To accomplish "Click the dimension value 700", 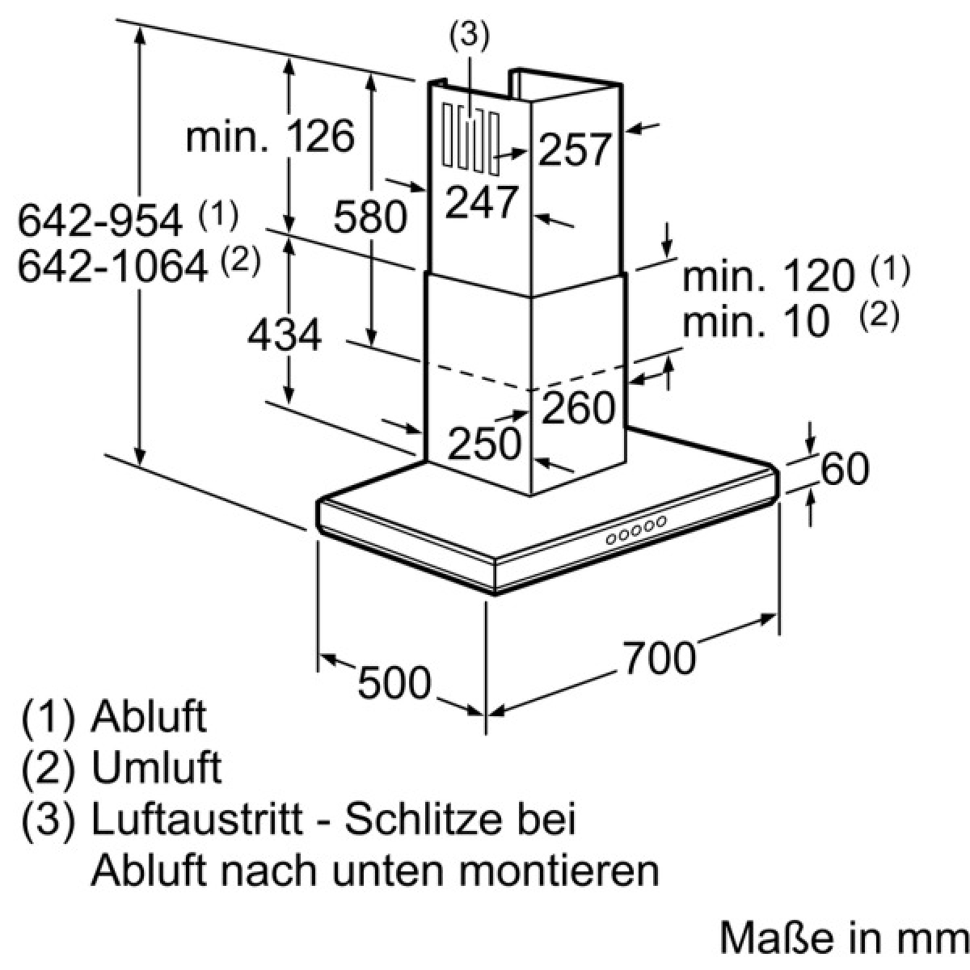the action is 660,657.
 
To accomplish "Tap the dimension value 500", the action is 394,682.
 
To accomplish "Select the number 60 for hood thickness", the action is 846,468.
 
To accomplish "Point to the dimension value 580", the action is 370,217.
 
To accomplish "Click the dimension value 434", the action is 285,335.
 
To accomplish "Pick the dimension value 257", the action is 575,150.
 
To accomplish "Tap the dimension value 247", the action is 482,202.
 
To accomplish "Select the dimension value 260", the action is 579,407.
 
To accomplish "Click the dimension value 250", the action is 484,443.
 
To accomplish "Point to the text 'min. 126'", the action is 270,136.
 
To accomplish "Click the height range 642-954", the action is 100,221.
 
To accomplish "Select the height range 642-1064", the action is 112,266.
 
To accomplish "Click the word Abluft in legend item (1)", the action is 149,716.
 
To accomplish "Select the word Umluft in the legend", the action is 157,767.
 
